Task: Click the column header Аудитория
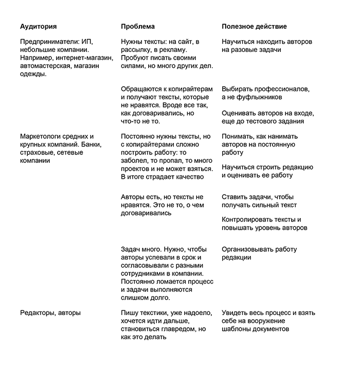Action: click(x=38, y=26)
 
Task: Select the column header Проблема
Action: click(x=137, y=26)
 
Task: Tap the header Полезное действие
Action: click(x=254, y=26)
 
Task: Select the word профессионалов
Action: click(x=277, y=89)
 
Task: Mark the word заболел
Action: click(x=135, y=161)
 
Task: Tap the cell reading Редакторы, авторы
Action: click(x=50, y=312)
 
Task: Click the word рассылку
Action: click(x=138, y=50)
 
